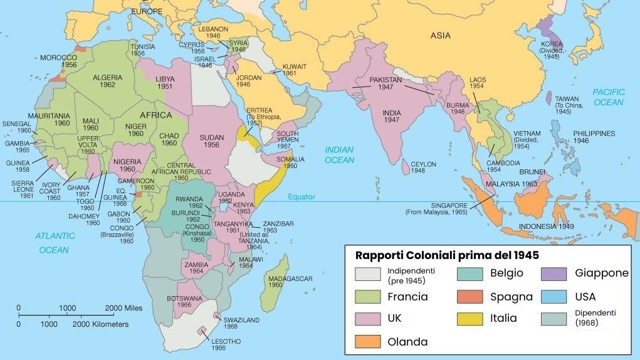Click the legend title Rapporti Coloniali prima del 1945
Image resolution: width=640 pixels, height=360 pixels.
point(447,256)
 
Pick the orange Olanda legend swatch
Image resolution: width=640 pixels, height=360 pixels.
point(370,342)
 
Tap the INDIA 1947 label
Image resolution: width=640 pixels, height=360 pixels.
point(392,116)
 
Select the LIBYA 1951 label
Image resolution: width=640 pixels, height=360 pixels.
point(165,82)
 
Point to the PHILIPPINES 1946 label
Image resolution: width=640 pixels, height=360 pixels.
point(594,137)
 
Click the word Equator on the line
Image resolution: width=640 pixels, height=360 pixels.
point(302,197)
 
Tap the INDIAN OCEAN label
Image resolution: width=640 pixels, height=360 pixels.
point(339,155)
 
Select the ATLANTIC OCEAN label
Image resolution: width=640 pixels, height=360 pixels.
point(54,243)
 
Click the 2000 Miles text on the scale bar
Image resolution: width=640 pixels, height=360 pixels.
point(123,308)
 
